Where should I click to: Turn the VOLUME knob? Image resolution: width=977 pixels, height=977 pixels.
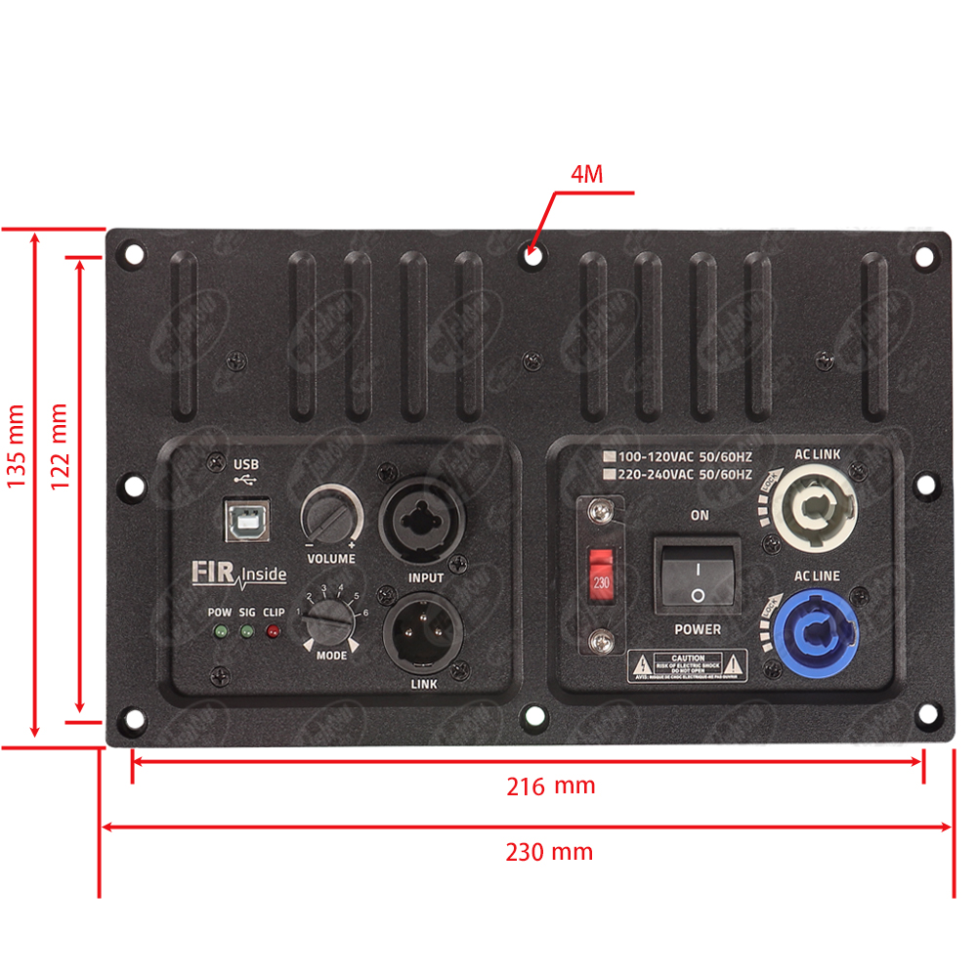(330, 513)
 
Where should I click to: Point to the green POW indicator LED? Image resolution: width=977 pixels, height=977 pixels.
(221, 632)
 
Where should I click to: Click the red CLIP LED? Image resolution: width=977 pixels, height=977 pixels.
(273, 632)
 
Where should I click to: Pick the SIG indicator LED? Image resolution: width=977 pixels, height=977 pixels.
(246, 632)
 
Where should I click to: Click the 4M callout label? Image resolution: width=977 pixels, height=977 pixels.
(587, 175)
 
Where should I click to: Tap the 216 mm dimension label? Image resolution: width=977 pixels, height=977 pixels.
(550, 786)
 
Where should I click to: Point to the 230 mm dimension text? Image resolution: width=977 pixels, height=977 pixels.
(549, 852)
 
